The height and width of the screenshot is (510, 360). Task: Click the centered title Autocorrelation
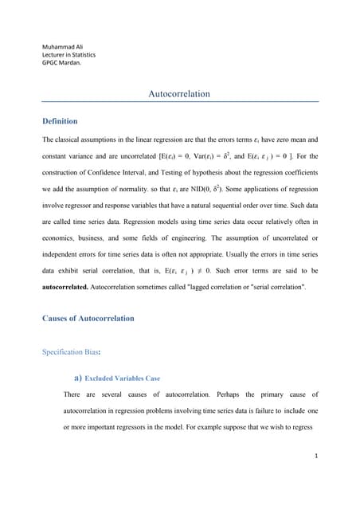(179, 94)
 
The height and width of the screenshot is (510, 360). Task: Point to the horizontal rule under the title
(179, 102)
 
